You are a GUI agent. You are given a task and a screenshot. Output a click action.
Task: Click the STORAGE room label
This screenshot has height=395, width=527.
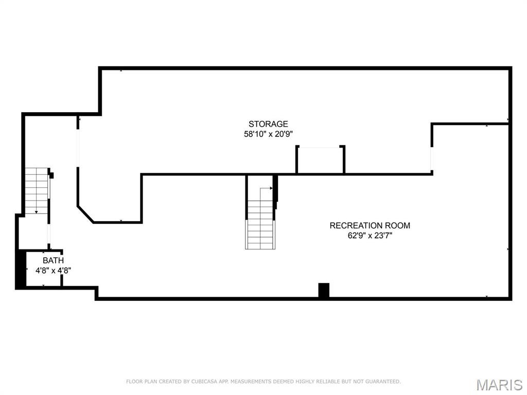[x=268, y=124]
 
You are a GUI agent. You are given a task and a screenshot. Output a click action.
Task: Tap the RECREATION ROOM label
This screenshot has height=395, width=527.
[x=370, y=225]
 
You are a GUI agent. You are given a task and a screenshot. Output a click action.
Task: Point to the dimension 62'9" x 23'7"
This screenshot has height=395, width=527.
[x=370, y=236]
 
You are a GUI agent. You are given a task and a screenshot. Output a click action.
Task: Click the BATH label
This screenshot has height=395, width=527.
[x=53, y=261]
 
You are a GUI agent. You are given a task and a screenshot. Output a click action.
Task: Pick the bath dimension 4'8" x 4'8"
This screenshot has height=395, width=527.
[x=53, y=270]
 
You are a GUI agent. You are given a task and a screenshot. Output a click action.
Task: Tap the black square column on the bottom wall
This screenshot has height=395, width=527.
[x=324, y=290]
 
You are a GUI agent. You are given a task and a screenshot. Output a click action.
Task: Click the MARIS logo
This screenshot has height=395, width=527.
[x=499, y=385]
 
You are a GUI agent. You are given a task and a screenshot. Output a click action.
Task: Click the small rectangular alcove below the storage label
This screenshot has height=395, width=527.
[x=320, y=160]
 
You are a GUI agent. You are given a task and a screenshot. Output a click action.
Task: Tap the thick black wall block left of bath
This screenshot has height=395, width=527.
[x=21, y=269]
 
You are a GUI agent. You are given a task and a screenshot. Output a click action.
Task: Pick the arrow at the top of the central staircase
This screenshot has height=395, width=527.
[x=270, y=189]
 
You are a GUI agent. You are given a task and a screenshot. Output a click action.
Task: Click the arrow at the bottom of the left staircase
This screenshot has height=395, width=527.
[x=36, y=211]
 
